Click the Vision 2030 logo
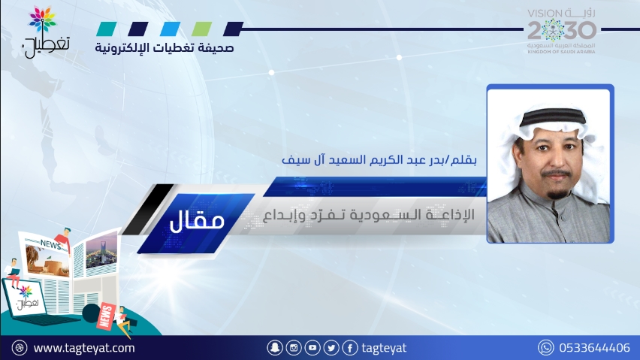pyautogui.click(x=562, y=32)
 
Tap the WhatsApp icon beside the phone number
pyautogui.click(x=545, y=348)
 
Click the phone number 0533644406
pyautogui.click(x=594, y=348)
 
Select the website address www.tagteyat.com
pyautogui.click(x=84, y=348)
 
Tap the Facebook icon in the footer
pyautogui.click(x=350, y=348)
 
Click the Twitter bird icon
pyautogui.click(x=331, y=348)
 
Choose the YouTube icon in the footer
pyautogui.click(x=312, y=348)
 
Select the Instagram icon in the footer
pyautogui.click(x=294, y=348)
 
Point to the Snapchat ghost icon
pyautogui.click(x=275, y=348)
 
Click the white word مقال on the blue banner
pyautogui.click(x=197, y=220)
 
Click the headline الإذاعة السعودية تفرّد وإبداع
pyautogui.click(x=369, y=215)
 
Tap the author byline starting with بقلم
pyautogui.click(x=379, y=159)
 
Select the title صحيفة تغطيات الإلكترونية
pyautogui.click(x=165, y=48)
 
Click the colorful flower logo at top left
pyautogui.click(x=43, y=20)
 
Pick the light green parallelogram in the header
pyautogui.click(x=201, y=29)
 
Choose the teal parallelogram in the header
pyautogui.click(x=107, y=29)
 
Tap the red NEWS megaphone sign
pyautogui.click(x=105, y=316)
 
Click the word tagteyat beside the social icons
pyautogui.click(x=384, y=348)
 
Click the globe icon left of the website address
pyautogui.click(x=20, y=348)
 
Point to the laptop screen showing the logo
pyautogui.click(x=26, y=298)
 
